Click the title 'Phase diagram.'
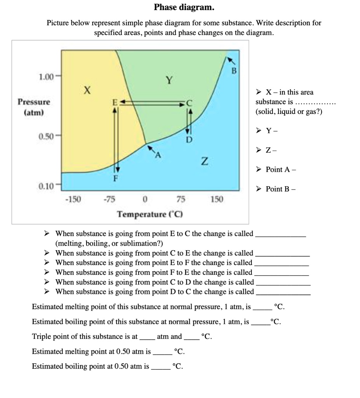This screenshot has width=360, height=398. pos(184,7)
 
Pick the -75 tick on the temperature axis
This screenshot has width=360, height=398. pos(109,199)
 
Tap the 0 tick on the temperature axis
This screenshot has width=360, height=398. pos(144,199)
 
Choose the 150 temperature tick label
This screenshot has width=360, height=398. pos(217,199)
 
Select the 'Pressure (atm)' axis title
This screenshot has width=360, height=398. pos(34,107)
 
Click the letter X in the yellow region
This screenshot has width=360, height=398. pos(88,91)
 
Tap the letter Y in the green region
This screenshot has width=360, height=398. pos(169,80)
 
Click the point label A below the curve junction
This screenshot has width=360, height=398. pos(157,155)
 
